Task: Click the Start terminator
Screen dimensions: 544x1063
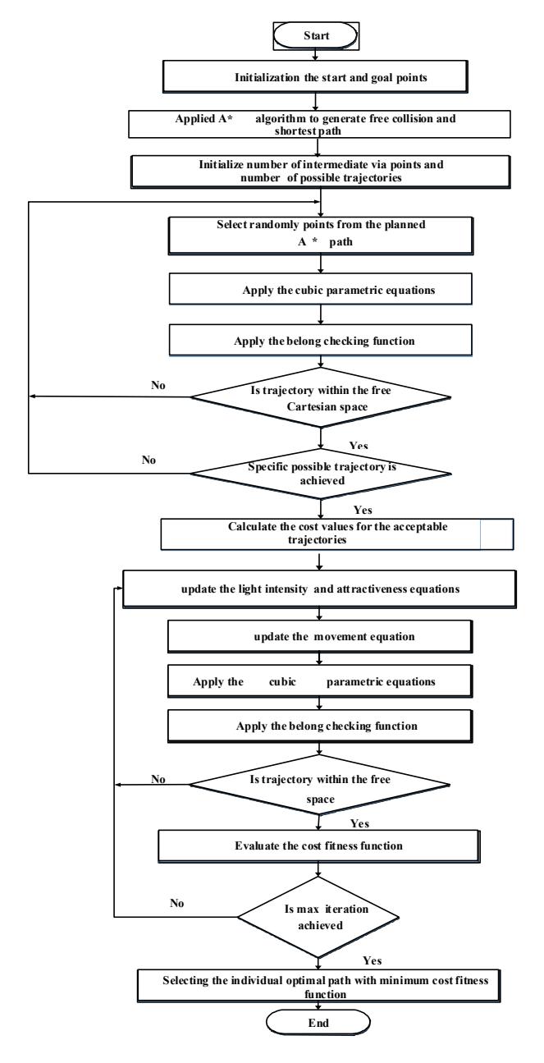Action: [316, 35]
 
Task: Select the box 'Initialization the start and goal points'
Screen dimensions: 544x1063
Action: [315, 76]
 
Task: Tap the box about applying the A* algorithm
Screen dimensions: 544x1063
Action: [319, 124]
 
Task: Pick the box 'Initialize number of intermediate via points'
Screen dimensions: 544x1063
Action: [321, 172]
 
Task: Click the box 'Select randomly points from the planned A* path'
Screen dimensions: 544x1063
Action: [321, 236]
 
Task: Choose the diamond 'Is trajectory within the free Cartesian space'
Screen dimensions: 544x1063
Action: [321, 397]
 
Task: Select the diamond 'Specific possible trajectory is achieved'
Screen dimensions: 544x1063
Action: [321, 474]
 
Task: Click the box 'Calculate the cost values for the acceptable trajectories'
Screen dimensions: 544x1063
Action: [336, 534]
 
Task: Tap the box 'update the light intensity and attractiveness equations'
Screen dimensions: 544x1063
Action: [319, 589]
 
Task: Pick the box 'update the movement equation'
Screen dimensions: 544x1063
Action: [320, 636]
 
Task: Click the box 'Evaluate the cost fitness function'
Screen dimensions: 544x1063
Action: [318, 846]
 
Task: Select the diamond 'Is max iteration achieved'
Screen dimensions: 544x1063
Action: [318, 917]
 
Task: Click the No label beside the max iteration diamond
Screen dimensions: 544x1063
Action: [177, 903]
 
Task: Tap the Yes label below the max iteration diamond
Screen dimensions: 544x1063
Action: [373, 960]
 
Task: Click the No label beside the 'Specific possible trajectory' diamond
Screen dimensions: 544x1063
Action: [149, 460]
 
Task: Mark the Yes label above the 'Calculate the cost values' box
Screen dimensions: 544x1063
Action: [363, 510]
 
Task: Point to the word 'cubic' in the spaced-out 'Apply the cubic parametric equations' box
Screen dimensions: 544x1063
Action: [282, 682]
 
